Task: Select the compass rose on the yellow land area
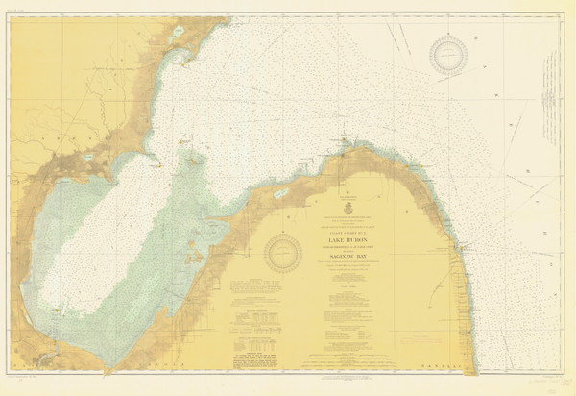click(283, 253)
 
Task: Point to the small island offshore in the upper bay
click(195, 161)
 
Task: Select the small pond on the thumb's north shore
click(280, 193)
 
